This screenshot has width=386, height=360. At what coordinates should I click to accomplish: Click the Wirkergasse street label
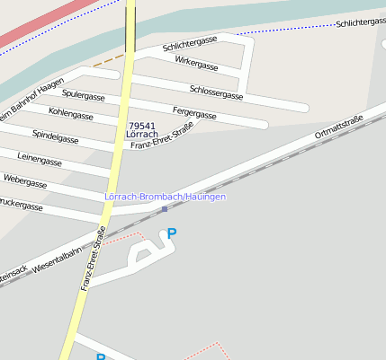pos(196,66)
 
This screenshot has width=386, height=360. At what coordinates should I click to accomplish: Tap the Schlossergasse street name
pos(217,91)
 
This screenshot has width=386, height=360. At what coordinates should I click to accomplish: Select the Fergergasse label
pos(194,114)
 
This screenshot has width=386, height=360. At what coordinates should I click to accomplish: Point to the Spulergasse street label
pos(84,95)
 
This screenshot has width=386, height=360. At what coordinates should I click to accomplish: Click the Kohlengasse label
pos(71,114)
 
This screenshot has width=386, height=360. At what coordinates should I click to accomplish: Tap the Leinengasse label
pos(39,161)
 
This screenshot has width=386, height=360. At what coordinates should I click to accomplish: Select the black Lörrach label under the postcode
pos(142,135)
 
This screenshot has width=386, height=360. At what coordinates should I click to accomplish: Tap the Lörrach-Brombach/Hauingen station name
pos(165,197)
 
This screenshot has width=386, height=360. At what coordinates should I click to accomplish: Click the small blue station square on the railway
pos(164,209)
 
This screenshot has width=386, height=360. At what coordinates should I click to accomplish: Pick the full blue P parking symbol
pos(172,233)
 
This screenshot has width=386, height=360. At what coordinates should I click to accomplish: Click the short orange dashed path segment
pos(108,60)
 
